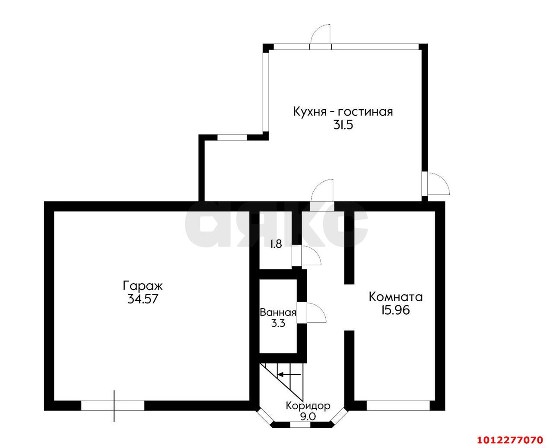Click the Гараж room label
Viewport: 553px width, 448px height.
tap(143, 287)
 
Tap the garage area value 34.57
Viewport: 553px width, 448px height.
tap(143, 299)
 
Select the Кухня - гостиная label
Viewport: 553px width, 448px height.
tap(343, 112)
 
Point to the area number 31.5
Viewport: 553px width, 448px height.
tap(343, 126)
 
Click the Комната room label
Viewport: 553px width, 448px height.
tap(396, 297)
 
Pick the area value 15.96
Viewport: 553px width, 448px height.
tap(395, 310)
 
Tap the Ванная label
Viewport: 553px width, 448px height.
tap(278, 312)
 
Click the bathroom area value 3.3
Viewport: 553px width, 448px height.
tap(278, 323)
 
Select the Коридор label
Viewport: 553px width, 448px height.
tap(308, 406)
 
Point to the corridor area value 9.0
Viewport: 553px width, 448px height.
tap(308, 417)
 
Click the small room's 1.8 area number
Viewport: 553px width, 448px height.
tap(276, 244)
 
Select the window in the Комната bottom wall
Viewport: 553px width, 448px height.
tap(398, 405)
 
